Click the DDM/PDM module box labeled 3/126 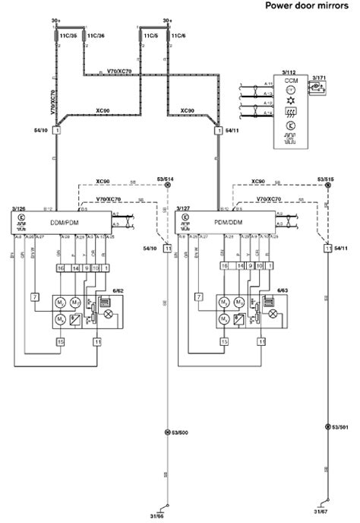pos(64,222)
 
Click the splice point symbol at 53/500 pos(166,433)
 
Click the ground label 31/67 pos(321,517)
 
